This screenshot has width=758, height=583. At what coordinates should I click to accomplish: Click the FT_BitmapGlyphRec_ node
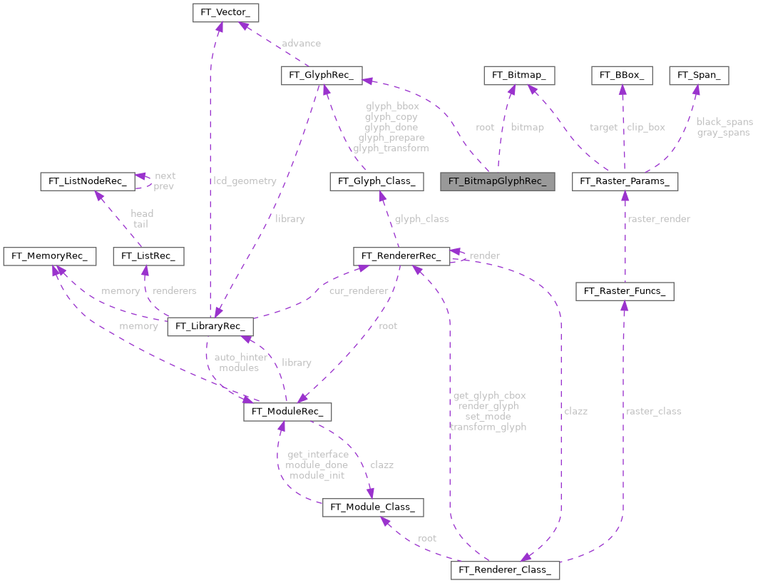click(x=498, y=181)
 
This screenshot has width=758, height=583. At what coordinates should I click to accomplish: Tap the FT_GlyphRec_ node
click(x=322, y=75)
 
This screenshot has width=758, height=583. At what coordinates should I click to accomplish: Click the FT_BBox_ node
click(x=622, y=75)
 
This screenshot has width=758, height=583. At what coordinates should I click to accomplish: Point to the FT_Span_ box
click(x=698, y=75)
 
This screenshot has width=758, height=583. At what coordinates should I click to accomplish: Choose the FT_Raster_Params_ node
click(x=625, y=181)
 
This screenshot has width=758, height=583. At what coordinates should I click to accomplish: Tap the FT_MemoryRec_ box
click(x=49, y=255)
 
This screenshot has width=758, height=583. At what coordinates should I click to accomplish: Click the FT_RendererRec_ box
click(x=401, y=255)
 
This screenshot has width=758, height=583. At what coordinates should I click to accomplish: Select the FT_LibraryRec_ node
click(x=210, y=327)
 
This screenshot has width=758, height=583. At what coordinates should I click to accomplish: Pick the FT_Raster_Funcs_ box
click(x=624, y=290)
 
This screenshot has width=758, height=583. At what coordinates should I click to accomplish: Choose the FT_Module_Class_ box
click(x=374, y=507)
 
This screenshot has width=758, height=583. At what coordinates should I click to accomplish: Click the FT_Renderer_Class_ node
click(x=505, y=570)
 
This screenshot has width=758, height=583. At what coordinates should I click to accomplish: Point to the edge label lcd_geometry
click(x=245, y=181)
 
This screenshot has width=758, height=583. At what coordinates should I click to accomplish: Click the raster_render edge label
click(x=658, y=219)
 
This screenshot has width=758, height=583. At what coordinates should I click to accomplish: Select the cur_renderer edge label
click(x=359, y=291)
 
